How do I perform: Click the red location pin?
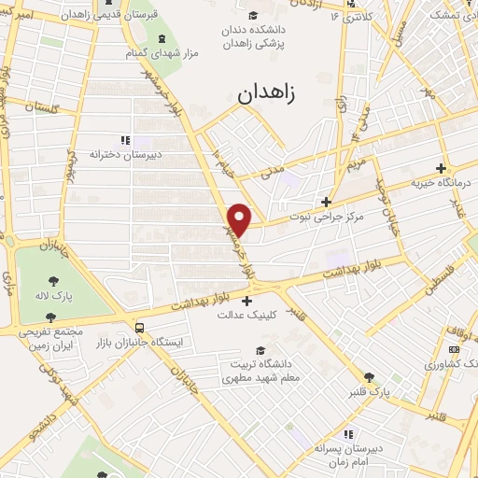pyautogui.click(x=240, y=219)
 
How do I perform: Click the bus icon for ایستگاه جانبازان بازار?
pyautogui.click(x=139, y=328)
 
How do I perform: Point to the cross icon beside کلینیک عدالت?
pyautogui.click(x=246, y=301)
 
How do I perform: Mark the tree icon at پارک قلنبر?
pyautogui.click(x=372, y=378)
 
